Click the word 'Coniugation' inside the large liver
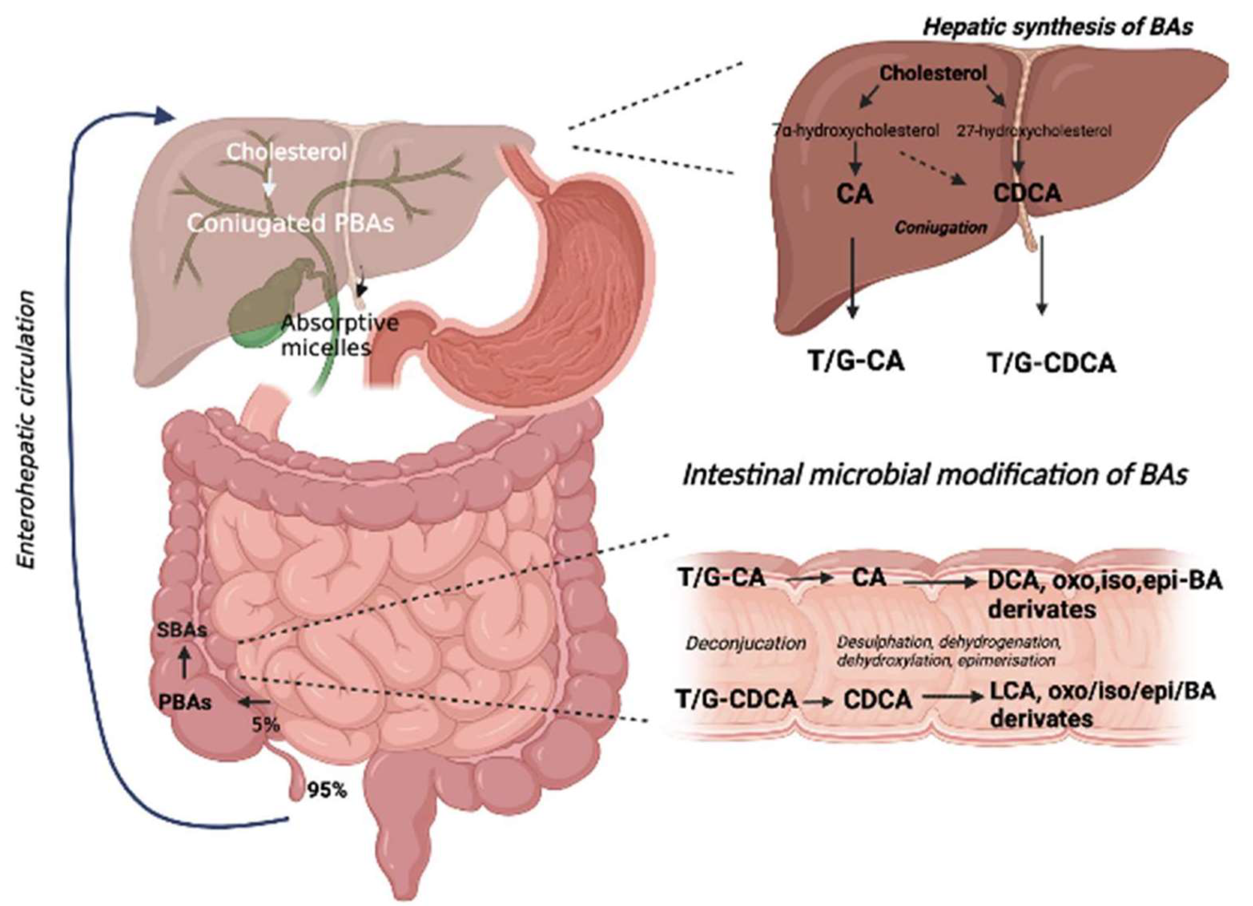941,227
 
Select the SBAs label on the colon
182,631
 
